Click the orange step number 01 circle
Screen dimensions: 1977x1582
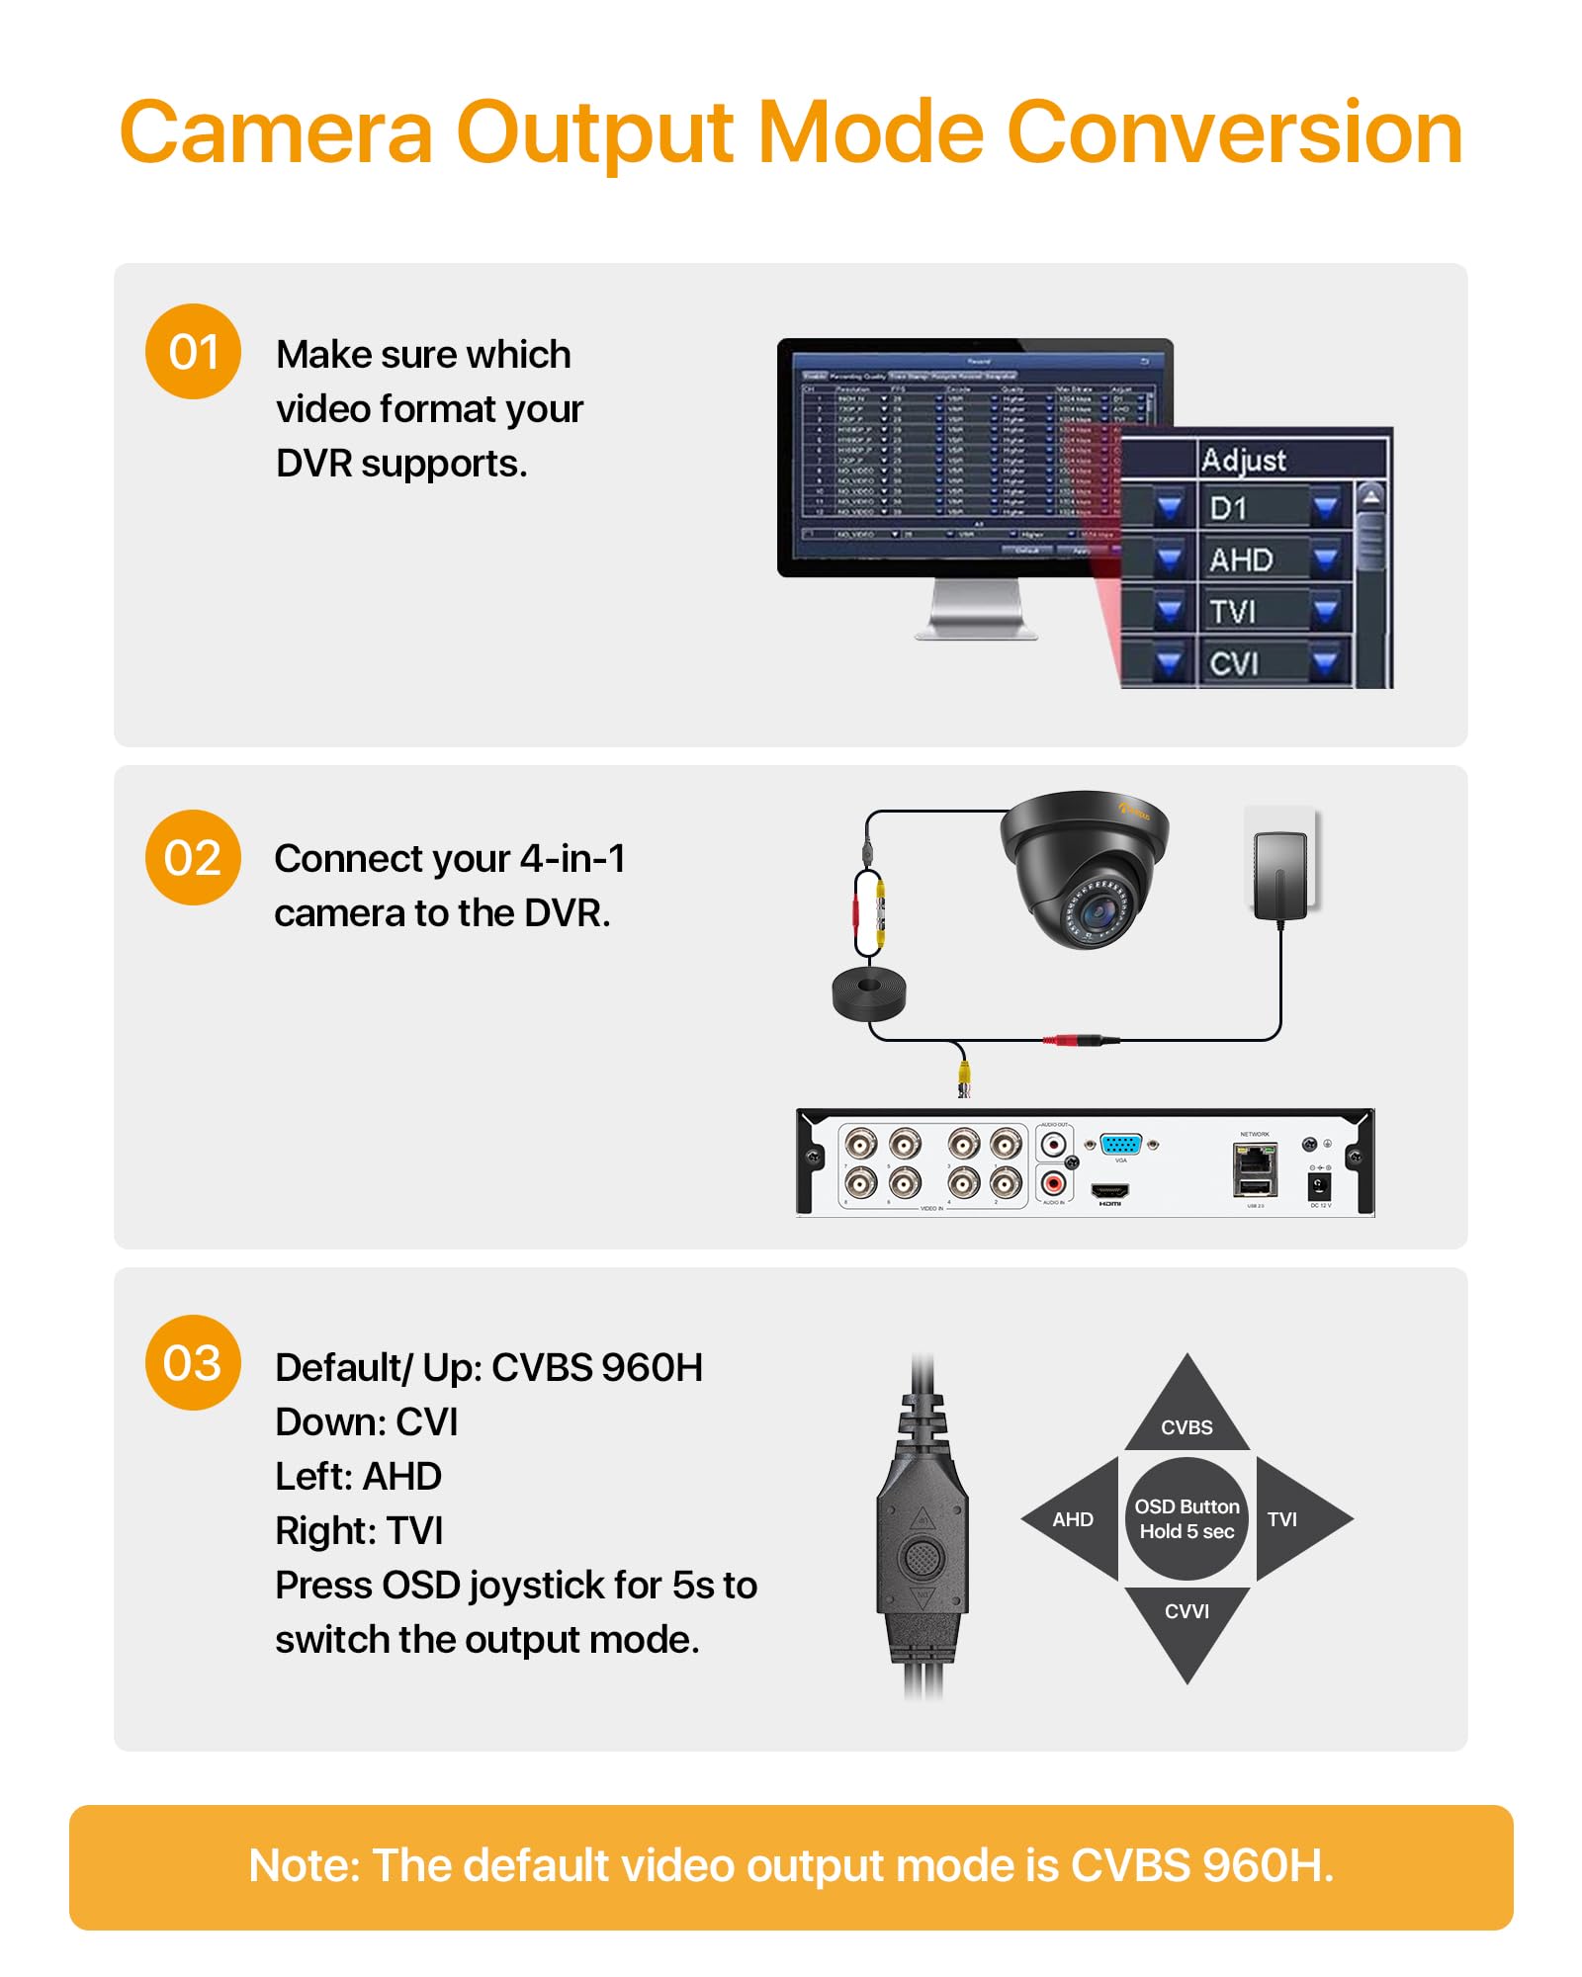coord(193,352)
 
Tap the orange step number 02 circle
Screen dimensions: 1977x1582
coord(193,857)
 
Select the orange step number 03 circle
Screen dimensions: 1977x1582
coord(193,1362)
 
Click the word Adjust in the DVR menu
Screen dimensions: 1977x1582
coord(1243,460)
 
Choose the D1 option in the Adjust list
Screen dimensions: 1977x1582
coord(1229,509)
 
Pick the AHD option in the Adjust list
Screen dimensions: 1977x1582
coord(1241,560)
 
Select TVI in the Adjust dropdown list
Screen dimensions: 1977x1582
coord(1232,612)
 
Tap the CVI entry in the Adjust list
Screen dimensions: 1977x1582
coord(1234,663)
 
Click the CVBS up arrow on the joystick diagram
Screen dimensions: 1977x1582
coord(1186,1414)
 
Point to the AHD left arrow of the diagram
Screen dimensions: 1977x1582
coord(1072,1519)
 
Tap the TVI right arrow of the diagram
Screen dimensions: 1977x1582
coord(1291,1519)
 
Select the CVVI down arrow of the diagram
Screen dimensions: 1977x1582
coord(1186,1622)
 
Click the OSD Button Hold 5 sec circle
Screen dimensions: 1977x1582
coord(1186,1519)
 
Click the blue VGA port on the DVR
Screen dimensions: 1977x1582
coord(1120,1145)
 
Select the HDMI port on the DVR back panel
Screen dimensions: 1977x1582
coord(1109,1190)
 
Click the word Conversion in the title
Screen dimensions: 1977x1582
coord(1234,132)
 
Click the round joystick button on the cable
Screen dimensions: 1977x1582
coord(922,1558)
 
